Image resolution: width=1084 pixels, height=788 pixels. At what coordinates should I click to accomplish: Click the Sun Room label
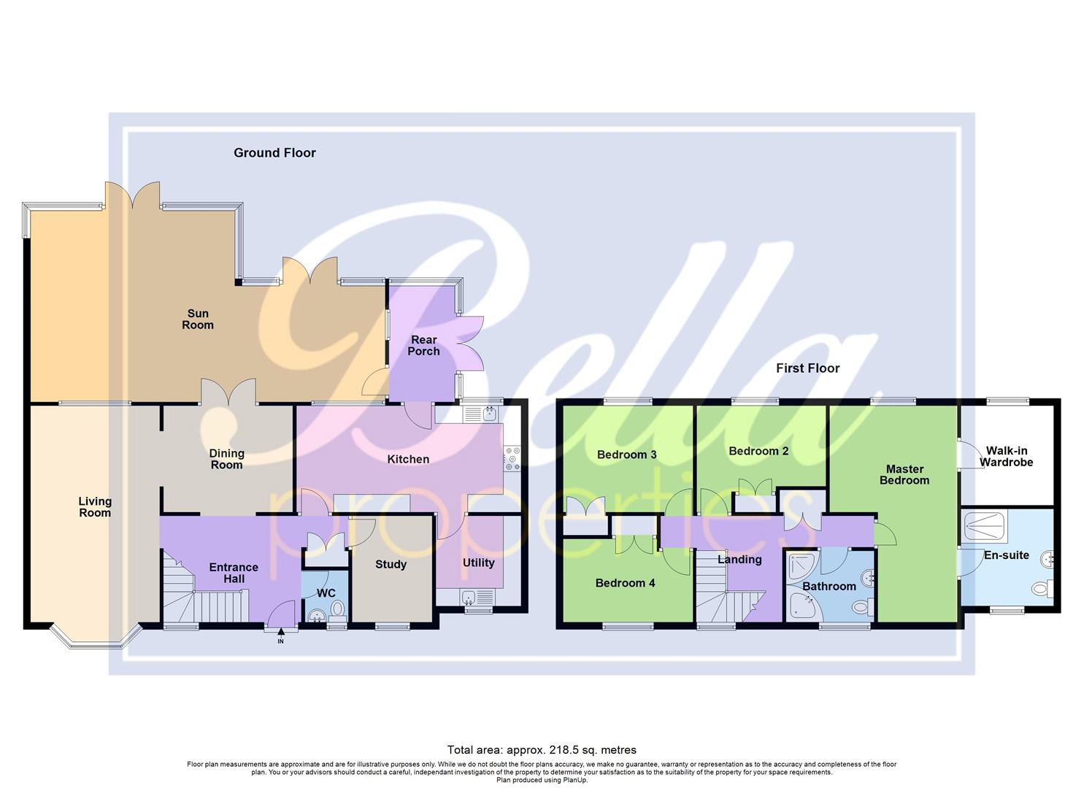coord(197,320)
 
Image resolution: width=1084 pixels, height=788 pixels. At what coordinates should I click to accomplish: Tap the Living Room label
coord(95,506)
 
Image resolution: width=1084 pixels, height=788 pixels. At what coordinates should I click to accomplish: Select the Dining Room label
coord(226,459)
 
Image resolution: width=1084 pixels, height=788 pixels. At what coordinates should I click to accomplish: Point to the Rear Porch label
coord(423,345)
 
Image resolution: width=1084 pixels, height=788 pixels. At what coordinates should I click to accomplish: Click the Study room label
coord(391,564)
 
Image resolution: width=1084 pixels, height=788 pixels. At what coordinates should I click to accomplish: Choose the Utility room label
coord(478,563)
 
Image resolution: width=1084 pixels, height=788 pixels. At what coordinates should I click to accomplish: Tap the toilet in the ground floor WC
coord(337,608)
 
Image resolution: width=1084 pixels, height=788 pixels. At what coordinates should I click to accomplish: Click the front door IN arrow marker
coord(280,640)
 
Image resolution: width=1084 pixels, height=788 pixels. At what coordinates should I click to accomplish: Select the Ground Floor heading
coord(274,152)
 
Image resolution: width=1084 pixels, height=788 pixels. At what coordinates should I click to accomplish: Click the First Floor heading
coord(807,368)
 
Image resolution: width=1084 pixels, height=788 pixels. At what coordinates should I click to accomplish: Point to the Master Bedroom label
coord(904,474)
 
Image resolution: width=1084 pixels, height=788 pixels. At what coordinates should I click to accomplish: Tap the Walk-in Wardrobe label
coord(1006,457)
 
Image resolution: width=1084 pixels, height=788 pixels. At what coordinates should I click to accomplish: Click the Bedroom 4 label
coord(625,583)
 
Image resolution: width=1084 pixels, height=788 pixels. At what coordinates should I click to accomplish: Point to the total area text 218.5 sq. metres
coord(542,749)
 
